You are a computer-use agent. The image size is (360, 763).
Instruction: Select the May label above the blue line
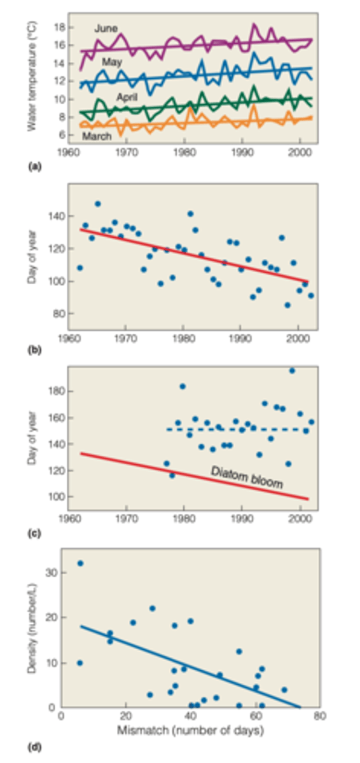[112, 62]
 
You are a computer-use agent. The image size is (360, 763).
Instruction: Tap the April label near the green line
[128, 97]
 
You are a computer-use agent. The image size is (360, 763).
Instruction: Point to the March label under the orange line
[97, 136]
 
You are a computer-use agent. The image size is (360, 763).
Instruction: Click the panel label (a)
[34, 163]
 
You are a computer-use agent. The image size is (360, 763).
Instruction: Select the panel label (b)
[34, 348]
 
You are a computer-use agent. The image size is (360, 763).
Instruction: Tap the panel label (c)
[34, 533]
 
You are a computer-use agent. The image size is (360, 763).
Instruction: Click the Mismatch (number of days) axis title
[190, 731]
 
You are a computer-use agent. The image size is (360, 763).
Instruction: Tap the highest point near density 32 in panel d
[80, 563]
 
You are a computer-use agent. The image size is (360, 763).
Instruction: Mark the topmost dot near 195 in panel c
[292, 371]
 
